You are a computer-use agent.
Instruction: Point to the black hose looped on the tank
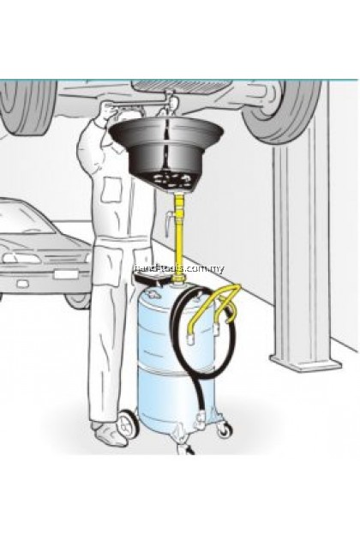pos(184,343)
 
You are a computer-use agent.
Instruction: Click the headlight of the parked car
pos(21,257)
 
